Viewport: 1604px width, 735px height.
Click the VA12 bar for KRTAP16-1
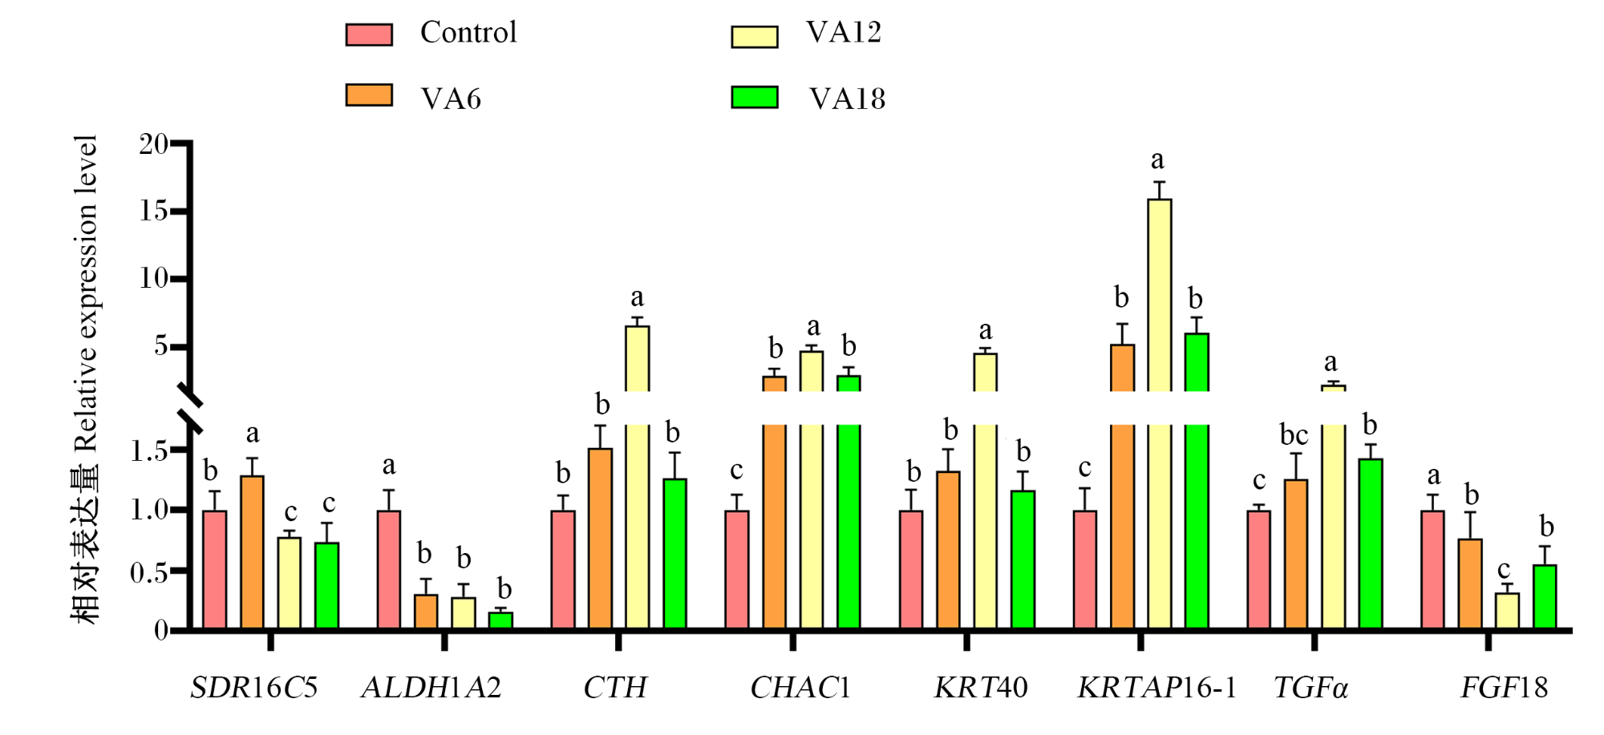click(x=1159, y=414)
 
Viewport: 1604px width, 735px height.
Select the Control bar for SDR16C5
click(x=214, y=570)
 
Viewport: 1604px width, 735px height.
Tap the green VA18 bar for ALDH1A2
click(x=501, y=620)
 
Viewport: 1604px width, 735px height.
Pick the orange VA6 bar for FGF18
click(x=1470, y=584)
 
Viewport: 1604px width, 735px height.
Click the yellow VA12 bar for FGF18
click(x=1507, y=611)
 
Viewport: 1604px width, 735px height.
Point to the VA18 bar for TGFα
click(x=1371, y=544)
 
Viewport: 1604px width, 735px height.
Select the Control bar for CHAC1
click(x=737, y=570)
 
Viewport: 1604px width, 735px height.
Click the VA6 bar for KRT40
click(x=948, y=551)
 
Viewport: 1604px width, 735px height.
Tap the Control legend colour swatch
click(x=369, y=34)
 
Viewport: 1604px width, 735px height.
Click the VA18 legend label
click(x=848, y=99)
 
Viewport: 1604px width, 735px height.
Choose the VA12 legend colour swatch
click(x=755, y=37)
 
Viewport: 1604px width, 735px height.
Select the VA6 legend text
click(x=451, y=99)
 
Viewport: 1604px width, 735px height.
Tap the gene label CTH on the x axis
click(x=615, y=687)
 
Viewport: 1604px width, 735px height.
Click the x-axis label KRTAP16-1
click(x=1156, y=687)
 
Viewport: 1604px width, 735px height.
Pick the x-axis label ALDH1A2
click(x=431, y=687)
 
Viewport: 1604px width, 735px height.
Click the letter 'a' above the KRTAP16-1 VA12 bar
click(x=1157, y=160)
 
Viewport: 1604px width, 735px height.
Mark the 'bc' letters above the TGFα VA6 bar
click(x=1294, y=435)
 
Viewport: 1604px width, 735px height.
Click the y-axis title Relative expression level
click(x=85, y=293)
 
